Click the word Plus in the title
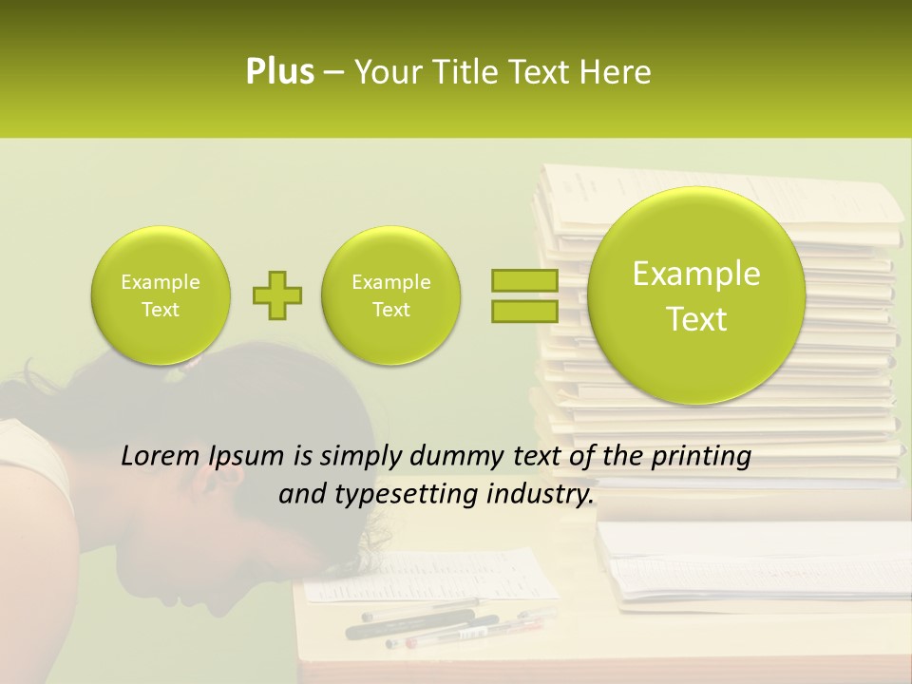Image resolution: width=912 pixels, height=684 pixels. coord(279,72)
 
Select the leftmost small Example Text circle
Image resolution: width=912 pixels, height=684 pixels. coord(160,295)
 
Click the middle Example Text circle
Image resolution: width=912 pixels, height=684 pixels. coord(390,295)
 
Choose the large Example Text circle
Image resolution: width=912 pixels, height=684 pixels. coord(696,295)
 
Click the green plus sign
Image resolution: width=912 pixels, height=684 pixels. coord(276,295)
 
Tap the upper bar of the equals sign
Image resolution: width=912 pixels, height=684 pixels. coord(524,280)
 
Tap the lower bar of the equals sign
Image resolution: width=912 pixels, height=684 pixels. coord(524,311)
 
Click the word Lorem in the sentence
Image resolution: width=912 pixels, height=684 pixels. coord(161,457)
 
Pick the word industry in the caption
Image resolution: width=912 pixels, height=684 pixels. coord(539,495)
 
